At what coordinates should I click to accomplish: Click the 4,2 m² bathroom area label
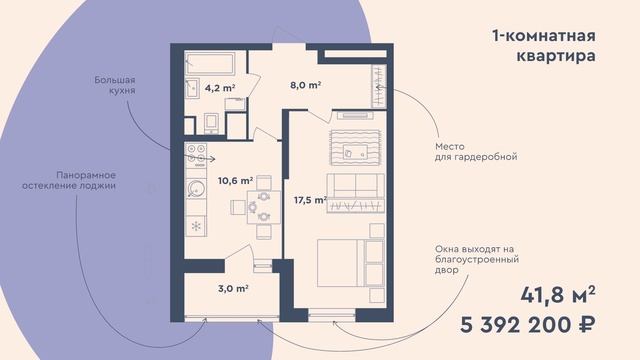pyautogui.click(x=220, y=88)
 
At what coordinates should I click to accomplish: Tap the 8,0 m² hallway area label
pyautogui.click(x=305, y=85)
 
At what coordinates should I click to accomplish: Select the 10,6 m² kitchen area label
pyautogui.click(x=235, y=180)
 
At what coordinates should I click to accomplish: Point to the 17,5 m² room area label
pyautogui.click(x=311, y=200)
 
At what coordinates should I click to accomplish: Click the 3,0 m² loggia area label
pyautogui.click(x=233, y=289)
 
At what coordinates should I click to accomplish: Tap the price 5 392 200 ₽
pyautogui.click(x=527, y=325)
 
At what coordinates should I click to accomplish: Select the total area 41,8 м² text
pyautogui.click(x=558, y=295)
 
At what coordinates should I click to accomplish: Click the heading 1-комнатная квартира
pyautogui.click(x=544, y=45)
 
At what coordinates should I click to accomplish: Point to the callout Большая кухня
pyautogui.click(x=115, y=85)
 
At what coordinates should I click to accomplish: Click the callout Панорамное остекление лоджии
pyautogui.click(x=69, y=180)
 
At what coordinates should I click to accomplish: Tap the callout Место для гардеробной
pyautogui.click(x=476, y=151)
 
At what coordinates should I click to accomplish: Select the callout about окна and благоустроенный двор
pyautogui.click(x=477, y=259)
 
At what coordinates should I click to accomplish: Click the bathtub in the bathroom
pyautogui.click(x=210, y=63)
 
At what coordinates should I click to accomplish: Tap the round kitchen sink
pyautogui.click(x=196, y=189)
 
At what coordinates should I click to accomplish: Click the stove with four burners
pyautogui.click(x=196, y=155)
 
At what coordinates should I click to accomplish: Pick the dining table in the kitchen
pyautogui.click(x=264, y=207)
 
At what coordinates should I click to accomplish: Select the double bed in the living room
pyautogui.click(x=351, y=263)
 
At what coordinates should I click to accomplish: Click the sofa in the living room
pyautogui.click(x=356, y=193)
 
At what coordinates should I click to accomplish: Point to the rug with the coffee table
pyautogui.click(x=355, y=148)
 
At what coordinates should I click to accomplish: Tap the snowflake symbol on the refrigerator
pyautogui.click(x=196, y=226)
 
